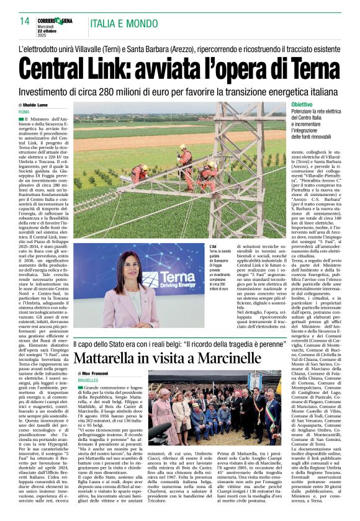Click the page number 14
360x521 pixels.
click(x=24, y=21)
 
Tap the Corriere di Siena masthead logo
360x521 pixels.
click(x=58, y=20)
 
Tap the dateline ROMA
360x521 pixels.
click(x=24, y=112)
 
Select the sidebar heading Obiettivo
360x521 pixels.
click(x=302, y=105)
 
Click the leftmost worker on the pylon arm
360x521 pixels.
click(x=141, y=172)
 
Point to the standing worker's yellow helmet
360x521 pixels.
click(x=183, y=147)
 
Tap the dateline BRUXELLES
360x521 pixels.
click(x=89, y=380)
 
